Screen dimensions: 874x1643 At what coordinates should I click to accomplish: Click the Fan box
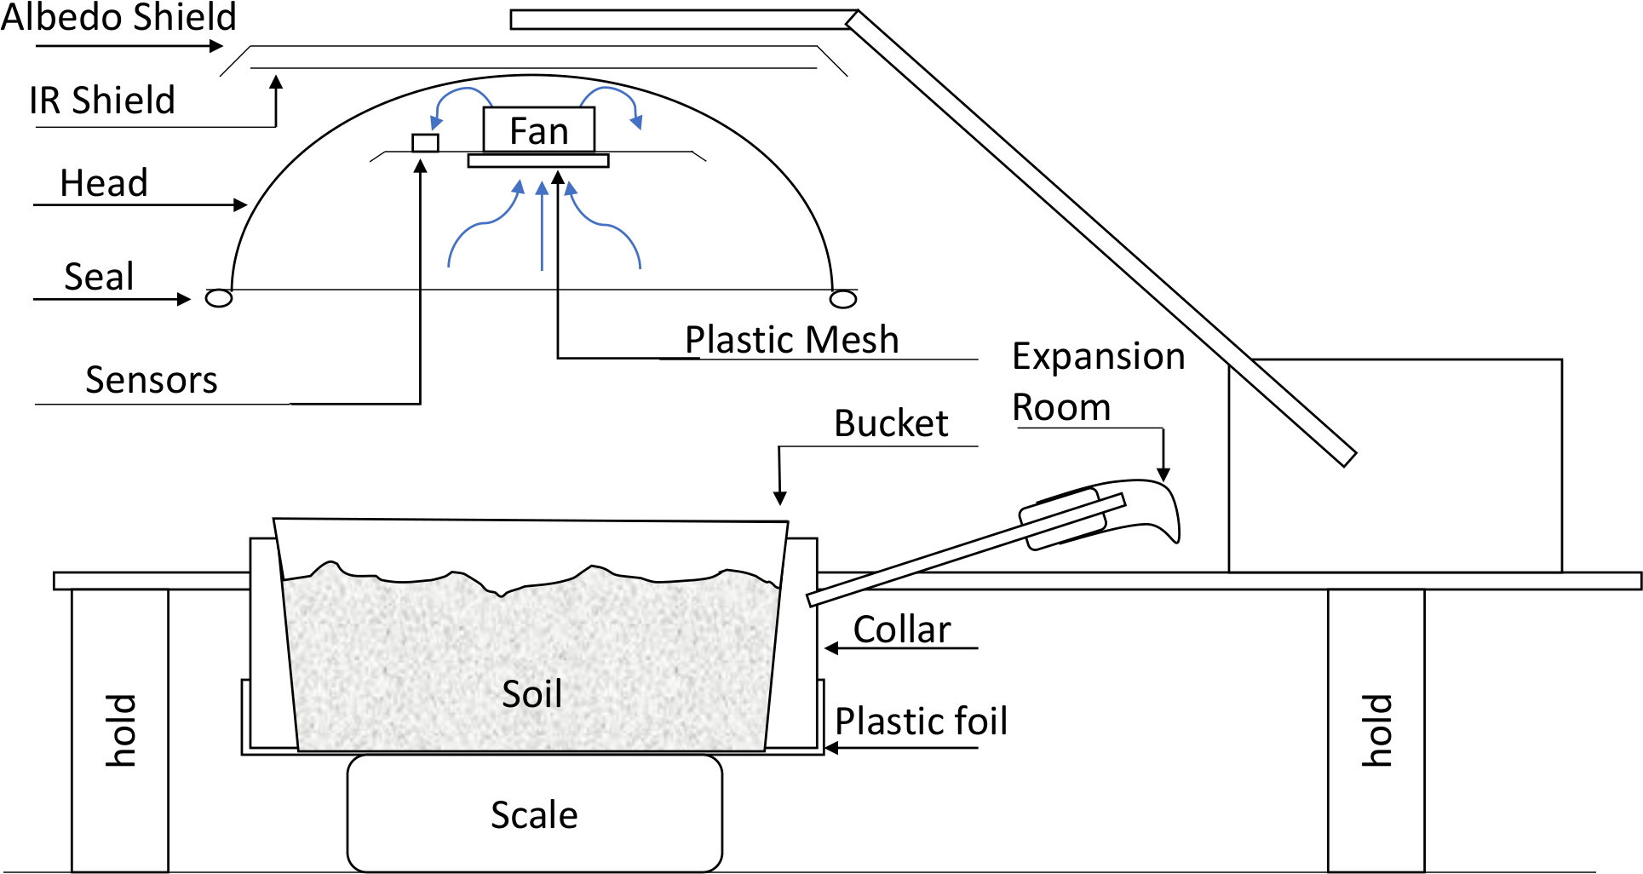(x=538, y=130)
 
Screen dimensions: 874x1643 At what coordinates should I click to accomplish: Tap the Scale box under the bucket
(x=534, y=814)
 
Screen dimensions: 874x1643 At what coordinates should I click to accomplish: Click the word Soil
(x=531, y=693)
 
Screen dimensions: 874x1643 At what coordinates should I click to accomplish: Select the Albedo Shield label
(x=118, y=17)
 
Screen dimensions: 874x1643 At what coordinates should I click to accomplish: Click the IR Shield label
(x=102, y=101)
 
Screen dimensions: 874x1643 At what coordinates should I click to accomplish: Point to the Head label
(x=104, y=183)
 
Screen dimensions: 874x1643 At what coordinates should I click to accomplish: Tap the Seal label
(x=99, y=277)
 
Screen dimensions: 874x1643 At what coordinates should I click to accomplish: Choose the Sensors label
(x=152, y=380)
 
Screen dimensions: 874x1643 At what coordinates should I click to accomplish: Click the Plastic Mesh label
(x=791, y=340)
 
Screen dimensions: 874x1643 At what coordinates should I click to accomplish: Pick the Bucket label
(x=891, y=423)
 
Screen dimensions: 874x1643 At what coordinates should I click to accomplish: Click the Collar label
(x=902, y=630)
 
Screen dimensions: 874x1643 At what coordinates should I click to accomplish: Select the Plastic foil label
(x=921, y=722)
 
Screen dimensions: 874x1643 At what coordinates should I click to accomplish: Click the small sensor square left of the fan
(x=425, y=142)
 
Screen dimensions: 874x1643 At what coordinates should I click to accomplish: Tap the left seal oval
(x=219, y=298)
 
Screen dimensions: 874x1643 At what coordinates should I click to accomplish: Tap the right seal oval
(x=843, y=299)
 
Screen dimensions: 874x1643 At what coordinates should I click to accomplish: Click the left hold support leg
(x=120, y=730)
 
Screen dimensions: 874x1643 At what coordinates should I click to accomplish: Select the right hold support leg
(x=1376, y=730)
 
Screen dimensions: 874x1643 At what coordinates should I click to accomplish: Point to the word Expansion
(x=1098, y=356)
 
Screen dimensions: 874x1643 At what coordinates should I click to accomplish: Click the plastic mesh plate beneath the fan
(x=538, y=161)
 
